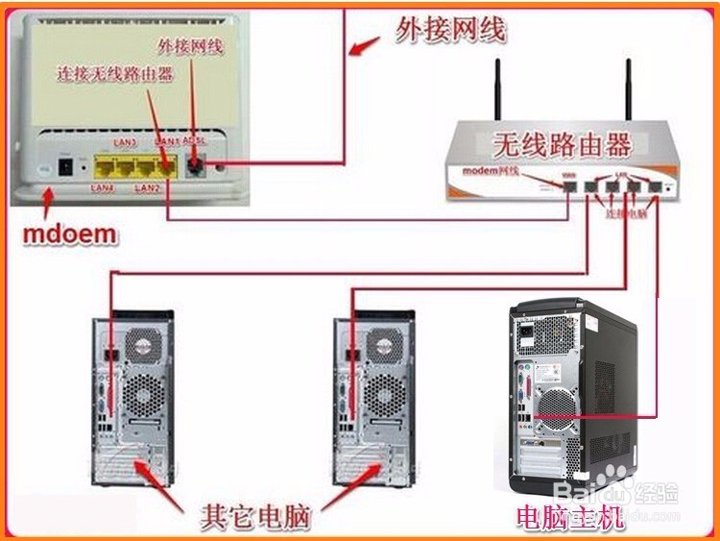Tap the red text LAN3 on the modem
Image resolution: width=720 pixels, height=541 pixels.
pos(125,142)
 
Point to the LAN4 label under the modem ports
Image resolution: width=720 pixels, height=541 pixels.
pos(103,188)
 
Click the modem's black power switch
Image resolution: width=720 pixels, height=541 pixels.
pos(66,165)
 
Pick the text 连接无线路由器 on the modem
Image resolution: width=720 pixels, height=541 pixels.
pos(114,73)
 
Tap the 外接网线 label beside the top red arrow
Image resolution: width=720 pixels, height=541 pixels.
pos(450,32)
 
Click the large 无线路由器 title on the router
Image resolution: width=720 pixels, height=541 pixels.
pos(562,146)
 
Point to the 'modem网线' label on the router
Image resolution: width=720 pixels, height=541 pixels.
pos(491,171)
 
